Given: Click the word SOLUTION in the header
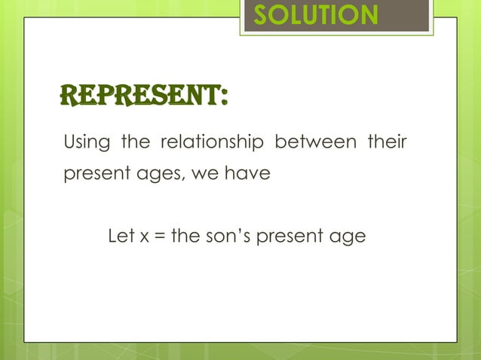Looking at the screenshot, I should (x=315, y=16).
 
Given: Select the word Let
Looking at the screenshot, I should (x=122, y=236).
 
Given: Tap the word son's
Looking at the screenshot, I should (x=231, y=236).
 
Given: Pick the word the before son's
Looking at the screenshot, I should (x=185, y=236).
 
